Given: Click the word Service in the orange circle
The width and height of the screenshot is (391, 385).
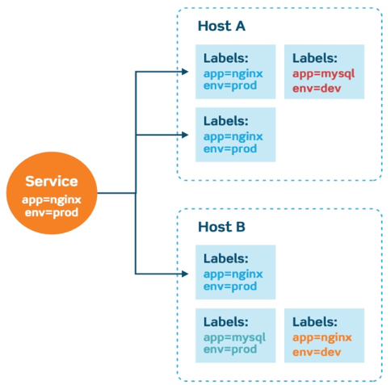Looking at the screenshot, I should pos(53,182).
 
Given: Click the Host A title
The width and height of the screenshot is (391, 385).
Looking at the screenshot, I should pos(221,27).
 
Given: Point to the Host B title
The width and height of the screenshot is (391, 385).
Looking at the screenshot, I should pos(221,227).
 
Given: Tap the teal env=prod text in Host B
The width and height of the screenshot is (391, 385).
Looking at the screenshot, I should pos(229,349).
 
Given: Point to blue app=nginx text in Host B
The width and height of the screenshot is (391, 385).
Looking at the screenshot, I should pos(233,274).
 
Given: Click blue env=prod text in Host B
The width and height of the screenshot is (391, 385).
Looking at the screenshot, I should pos(229,287).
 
